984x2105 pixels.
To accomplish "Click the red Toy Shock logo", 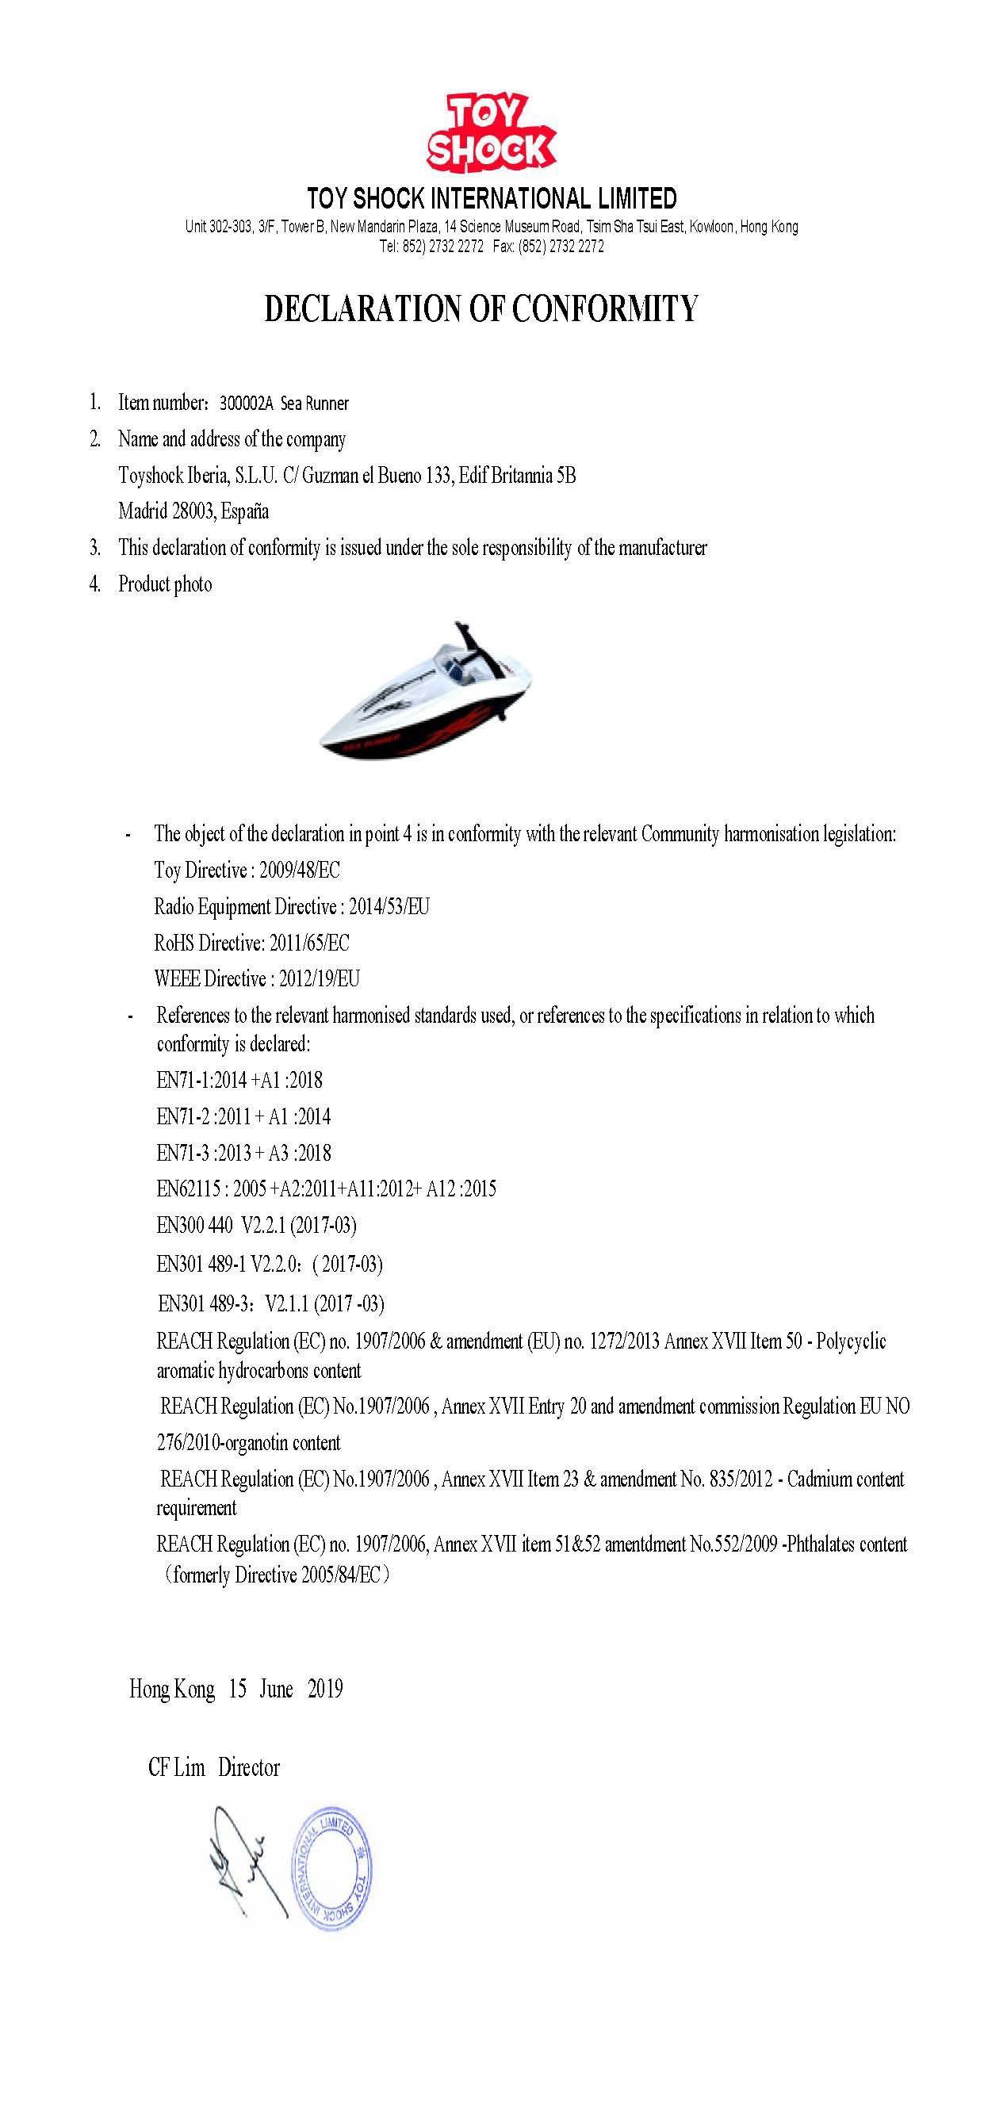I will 490,133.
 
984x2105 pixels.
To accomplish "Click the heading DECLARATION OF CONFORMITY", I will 481,309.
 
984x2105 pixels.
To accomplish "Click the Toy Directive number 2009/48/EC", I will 299,871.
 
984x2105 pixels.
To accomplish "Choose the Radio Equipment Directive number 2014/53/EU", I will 389,907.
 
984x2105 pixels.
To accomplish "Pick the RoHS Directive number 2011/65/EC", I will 309,943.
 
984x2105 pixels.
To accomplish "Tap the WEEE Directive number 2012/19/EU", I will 319,979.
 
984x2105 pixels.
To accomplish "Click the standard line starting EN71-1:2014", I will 239,1081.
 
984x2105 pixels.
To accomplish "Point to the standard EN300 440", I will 194,1226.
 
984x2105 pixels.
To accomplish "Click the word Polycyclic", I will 851,1341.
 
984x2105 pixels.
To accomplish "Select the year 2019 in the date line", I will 325,1689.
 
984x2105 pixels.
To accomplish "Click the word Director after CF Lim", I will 248,1767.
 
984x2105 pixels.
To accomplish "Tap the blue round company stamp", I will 331,1870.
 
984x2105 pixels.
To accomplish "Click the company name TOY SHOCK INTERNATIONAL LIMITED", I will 491,198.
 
